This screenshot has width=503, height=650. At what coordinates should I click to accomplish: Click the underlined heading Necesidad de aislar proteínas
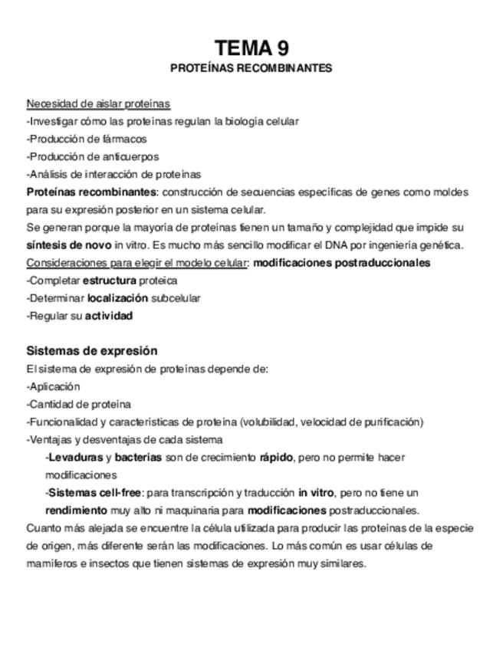coord(98,103)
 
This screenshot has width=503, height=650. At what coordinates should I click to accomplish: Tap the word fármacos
coord(125,139)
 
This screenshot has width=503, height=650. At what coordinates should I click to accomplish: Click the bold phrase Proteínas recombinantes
coord(91,192)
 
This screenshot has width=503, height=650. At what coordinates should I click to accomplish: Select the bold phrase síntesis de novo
coord(69,245)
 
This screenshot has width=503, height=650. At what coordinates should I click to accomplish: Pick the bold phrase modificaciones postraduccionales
coord(341,263)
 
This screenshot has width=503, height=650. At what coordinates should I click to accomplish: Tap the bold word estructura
coord(109,281)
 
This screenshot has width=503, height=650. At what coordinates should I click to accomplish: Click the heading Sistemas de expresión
coord(92,351)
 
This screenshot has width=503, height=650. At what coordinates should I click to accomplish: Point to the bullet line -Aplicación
coord(53,386)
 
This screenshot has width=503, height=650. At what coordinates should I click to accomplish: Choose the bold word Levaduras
coord(75,458)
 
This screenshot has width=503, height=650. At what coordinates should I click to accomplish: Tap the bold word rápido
coord(277,458)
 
